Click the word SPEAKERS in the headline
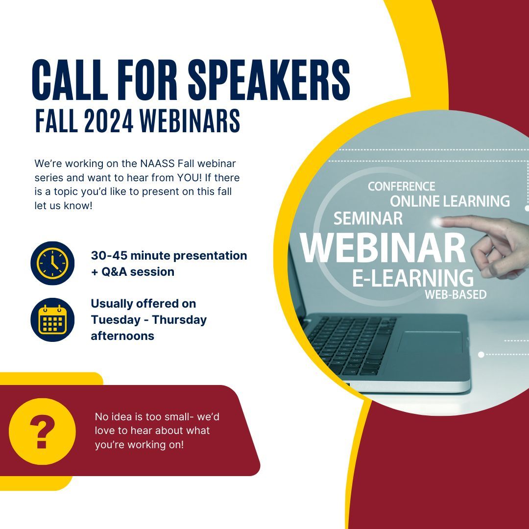coord(269,80)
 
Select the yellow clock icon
coord(52,264)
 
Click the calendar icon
coord(52,320)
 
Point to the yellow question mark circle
coord(42,431)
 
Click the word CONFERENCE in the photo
coord(401,187)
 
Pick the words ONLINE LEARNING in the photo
coord(450,201)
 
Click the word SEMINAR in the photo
coord(368,218)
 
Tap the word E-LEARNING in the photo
coord(413,278)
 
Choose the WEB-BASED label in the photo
coord(455,295)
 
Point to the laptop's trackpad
coord(430,342)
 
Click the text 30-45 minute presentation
coord(168,256)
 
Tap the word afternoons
coord(122,336)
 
